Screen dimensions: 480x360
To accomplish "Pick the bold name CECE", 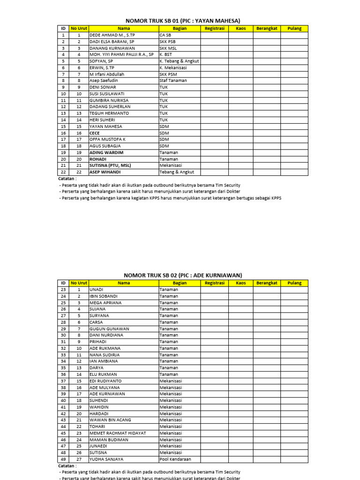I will [x=94, y=133].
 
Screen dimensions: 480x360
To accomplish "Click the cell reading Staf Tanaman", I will [x=173, y=81].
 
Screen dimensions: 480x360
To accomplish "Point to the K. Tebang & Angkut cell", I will [x=180, y=61].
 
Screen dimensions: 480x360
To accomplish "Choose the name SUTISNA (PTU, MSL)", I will [x=110, y=165].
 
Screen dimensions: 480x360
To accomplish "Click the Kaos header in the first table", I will [x=241, y=29].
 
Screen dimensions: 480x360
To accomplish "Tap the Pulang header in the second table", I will [x=294, y=283].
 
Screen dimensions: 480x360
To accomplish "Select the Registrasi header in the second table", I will [x=215, y=283].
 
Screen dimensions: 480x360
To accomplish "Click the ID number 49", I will [x=63, y=459].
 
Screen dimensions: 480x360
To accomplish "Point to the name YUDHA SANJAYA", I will [x=106, y=459].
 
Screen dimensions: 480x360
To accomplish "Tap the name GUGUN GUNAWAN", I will [x=109, y=329].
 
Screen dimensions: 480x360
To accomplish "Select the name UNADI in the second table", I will [x=96, y=290].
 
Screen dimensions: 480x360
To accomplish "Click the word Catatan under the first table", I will [x=67, y=179].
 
